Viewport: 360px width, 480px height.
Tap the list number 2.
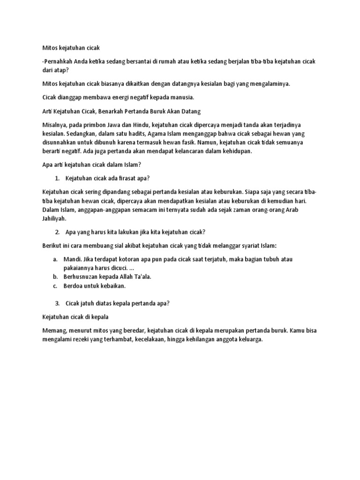(57, 232)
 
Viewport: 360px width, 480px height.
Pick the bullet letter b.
(55, 277)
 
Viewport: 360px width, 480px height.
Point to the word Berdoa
(76, 285)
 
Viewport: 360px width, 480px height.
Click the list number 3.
(57, 303)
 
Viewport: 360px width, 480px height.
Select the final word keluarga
(250, 339)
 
